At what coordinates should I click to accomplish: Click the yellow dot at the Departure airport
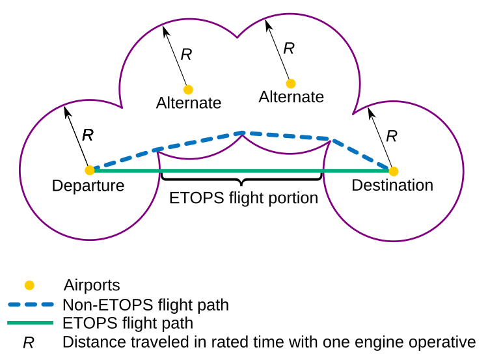pos(89,171)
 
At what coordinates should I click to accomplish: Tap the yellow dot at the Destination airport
pos(393,171)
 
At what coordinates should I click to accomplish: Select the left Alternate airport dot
pos(188,89)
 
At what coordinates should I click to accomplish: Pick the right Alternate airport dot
pos(291,83)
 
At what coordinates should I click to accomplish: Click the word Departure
pos(88,186)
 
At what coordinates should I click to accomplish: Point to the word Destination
pos(392,186)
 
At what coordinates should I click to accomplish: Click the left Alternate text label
pos(189,103)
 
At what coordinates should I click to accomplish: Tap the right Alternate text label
pos(291,97)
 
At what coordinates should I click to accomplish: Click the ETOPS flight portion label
pos(243,198)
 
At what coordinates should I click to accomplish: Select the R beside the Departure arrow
pos(88,135)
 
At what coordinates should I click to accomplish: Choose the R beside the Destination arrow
pos(391,136)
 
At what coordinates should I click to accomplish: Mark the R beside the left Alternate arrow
pos(186,55)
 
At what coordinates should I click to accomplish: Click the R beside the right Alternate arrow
pos(289,48)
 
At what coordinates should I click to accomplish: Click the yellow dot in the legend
pos(29,285)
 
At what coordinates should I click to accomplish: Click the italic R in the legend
pos(29,342)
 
